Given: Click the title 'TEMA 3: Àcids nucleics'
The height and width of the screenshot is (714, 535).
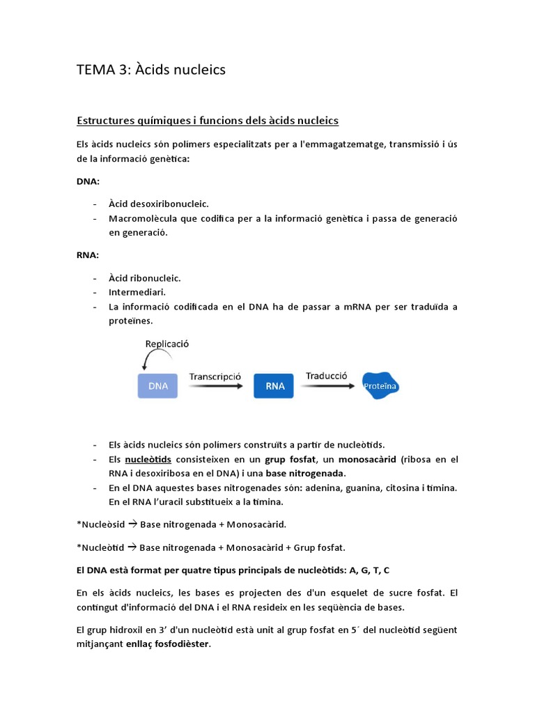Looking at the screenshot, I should (x=150, y=70).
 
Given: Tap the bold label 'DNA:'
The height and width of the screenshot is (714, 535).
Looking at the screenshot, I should (x=88, y=181).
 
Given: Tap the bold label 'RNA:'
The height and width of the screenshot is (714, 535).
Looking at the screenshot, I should (x=88, y=255).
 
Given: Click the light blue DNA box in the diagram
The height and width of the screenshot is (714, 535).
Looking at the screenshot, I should (x=157, y=386).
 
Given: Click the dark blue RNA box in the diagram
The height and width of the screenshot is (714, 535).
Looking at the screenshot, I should (x=274, y=386).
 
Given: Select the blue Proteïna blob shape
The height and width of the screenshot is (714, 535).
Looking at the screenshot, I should (x=381, y=385).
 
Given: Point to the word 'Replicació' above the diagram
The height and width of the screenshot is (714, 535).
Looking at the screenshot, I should (x=167, y=344).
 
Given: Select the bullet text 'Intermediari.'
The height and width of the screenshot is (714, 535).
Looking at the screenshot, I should (x=137, y=292).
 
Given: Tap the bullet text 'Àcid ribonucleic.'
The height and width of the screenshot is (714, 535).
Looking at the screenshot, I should (x=145, y=278).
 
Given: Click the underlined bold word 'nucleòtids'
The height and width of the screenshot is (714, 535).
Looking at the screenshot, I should (x=148, y=459).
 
